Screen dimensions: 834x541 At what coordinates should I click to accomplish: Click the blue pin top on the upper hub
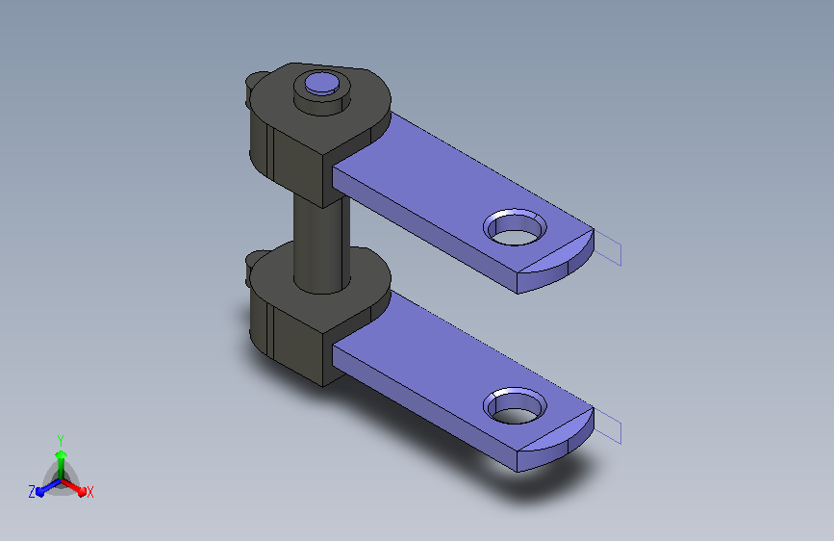pos(322,84)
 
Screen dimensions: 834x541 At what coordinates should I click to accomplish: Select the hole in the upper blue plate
pos(515,228)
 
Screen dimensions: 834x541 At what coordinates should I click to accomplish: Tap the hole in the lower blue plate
pos(515,407)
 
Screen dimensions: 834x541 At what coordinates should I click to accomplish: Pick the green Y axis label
pos(61,441)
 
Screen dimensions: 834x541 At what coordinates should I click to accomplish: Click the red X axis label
pos(89,493)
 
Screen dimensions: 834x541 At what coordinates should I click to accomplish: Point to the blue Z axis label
pos(32,492)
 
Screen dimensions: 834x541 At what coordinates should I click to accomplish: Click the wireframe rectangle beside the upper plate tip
pos(608,248)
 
